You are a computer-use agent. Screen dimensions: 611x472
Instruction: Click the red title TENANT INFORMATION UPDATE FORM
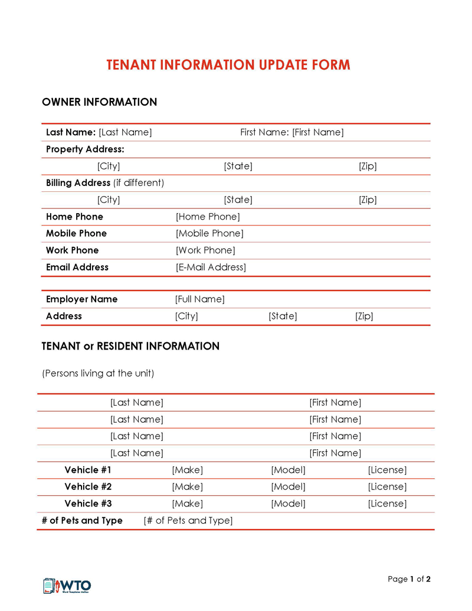click(228, 65)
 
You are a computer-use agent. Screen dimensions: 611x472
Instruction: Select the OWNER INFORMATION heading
click(99, 102)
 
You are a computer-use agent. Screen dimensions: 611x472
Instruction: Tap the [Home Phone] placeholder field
click(208, 217)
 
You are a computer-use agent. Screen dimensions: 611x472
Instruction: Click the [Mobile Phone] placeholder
click(209, 233)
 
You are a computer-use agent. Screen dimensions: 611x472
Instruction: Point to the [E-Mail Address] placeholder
click(211, 267)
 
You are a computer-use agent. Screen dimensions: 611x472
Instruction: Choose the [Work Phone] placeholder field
click(205, 250)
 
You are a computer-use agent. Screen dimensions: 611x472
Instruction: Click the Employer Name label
click(81, 299)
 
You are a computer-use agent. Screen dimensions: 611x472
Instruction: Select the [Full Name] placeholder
click(199, 299)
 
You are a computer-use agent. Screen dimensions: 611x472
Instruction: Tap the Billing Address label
click(78, 183)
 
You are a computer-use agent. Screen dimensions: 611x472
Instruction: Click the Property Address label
click(85, 149)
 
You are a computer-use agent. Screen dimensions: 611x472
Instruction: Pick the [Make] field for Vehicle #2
click(187, 487)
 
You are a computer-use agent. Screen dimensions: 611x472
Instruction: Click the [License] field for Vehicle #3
click(387, 504)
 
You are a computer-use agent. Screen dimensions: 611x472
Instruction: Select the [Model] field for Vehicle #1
click(288, 470)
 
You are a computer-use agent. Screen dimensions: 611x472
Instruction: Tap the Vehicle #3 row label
click(88, 504)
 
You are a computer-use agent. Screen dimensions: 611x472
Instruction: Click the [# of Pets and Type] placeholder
click(188, 521)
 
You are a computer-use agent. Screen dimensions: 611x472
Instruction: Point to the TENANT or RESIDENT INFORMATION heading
click(130, 347)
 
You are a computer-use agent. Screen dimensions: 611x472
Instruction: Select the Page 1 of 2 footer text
click(409, 579)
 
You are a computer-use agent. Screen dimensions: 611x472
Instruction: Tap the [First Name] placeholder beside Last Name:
click(317, 132)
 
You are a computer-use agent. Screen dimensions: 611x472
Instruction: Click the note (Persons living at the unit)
click(98, 373)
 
